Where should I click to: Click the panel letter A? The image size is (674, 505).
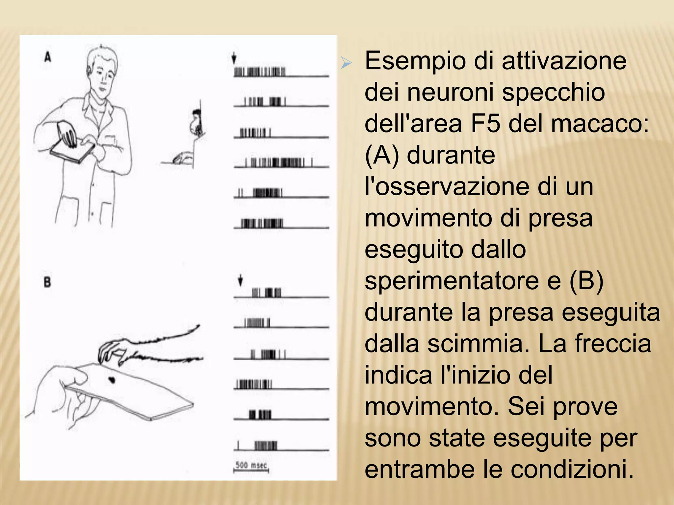point(48,58)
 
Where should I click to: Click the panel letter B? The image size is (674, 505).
point(47,282)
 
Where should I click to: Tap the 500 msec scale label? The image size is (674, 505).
point(251,465)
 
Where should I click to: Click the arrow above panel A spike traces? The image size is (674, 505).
point(234,58)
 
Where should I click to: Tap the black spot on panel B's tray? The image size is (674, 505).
point(112,380)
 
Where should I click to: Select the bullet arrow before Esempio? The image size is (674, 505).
point(346,62)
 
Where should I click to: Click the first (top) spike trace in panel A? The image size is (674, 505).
point(260,72)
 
